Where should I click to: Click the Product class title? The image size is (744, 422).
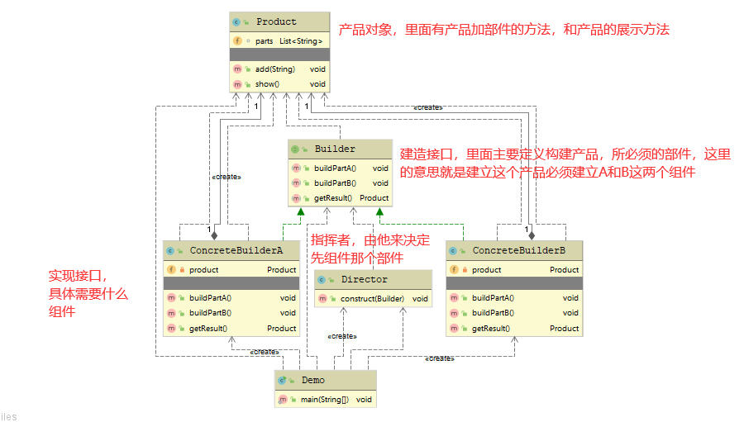276,21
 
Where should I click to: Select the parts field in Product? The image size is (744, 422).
265,40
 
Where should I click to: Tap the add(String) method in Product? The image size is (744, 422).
275,69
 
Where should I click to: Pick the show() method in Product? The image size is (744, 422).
267,84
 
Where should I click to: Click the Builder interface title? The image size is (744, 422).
334,149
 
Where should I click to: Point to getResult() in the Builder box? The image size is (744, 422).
332,198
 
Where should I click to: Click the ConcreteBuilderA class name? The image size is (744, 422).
236,250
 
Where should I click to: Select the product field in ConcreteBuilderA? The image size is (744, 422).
203,270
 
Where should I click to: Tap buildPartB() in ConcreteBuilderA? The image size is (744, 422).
210,313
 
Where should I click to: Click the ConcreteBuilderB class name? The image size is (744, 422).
518,250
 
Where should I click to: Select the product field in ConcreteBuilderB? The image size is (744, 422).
486,270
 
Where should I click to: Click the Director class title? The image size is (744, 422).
364,280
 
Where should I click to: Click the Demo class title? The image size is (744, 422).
312,381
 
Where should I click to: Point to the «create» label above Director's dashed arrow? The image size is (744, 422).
341,336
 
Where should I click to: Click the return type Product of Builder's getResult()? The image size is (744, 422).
374,198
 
